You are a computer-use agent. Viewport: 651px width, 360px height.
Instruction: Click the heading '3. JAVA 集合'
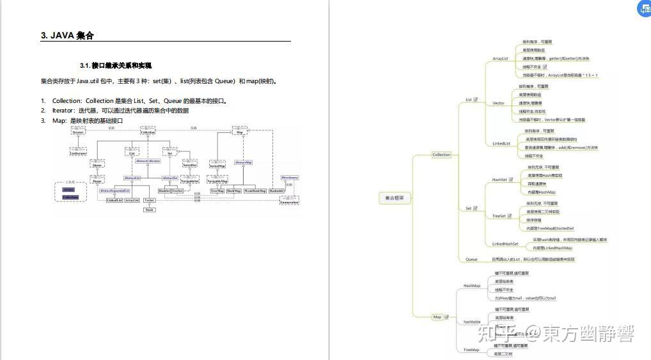tap(67, 36)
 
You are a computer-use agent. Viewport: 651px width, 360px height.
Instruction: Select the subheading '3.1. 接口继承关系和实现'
tap(115, 65)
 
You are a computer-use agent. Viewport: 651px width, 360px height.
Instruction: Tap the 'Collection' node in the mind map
tap(441, 155)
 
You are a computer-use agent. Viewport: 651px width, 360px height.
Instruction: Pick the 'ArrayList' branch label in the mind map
tap(500, 59)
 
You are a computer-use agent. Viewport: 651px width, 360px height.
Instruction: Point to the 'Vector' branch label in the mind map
tap(498, 103)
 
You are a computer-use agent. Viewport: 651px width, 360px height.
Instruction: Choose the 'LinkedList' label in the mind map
tap(501, 143)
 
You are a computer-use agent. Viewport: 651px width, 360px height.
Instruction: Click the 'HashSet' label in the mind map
tap(499, 180)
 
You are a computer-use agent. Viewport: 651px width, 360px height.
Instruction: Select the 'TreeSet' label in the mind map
tap(499, 216)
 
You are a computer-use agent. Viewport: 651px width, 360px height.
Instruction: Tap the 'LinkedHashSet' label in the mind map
tap(505, 244)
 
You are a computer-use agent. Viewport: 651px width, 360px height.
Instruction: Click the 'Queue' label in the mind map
tap(471, 259)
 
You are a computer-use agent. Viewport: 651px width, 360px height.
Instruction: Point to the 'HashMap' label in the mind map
tap(472, 285)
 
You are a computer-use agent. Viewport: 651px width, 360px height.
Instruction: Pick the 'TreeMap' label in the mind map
tap(471, 350)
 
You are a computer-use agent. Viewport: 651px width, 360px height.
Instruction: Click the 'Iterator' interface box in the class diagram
tap(79, 132)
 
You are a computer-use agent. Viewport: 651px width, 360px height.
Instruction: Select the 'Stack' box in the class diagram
tap(149, 210)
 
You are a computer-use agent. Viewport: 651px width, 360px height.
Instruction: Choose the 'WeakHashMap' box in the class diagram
tap(255, 191)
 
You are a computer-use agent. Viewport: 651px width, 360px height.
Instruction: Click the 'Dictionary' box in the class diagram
tap(290, 177)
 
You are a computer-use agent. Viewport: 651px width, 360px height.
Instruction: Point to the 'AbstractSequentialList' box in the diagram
tap(114, 191)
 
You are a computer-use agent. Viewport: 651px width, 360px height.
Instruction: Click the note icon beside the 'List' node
tap(476, 100)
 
